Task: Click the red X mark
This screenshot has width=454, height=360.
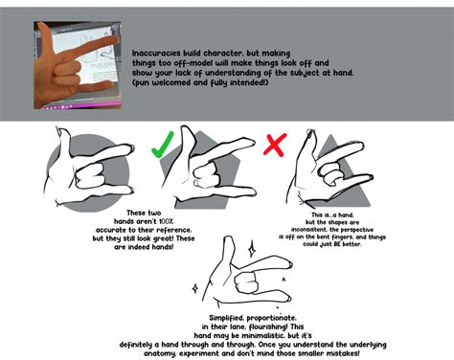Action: (x=275, y=145)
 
